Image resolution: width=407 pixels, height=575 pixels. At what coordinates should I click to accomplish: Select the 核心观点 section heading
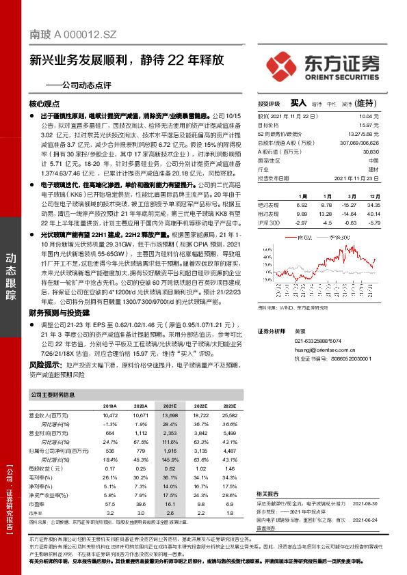44,104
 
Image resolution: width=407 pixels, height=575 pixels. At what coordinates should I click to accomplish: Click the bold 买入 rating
298,103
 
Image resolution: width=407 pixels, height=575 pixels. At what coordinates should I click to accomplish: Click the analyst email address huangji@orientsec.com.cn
325,349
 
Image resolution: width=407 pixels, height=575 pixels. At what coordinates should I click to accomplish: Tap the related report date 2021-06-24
363,518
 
